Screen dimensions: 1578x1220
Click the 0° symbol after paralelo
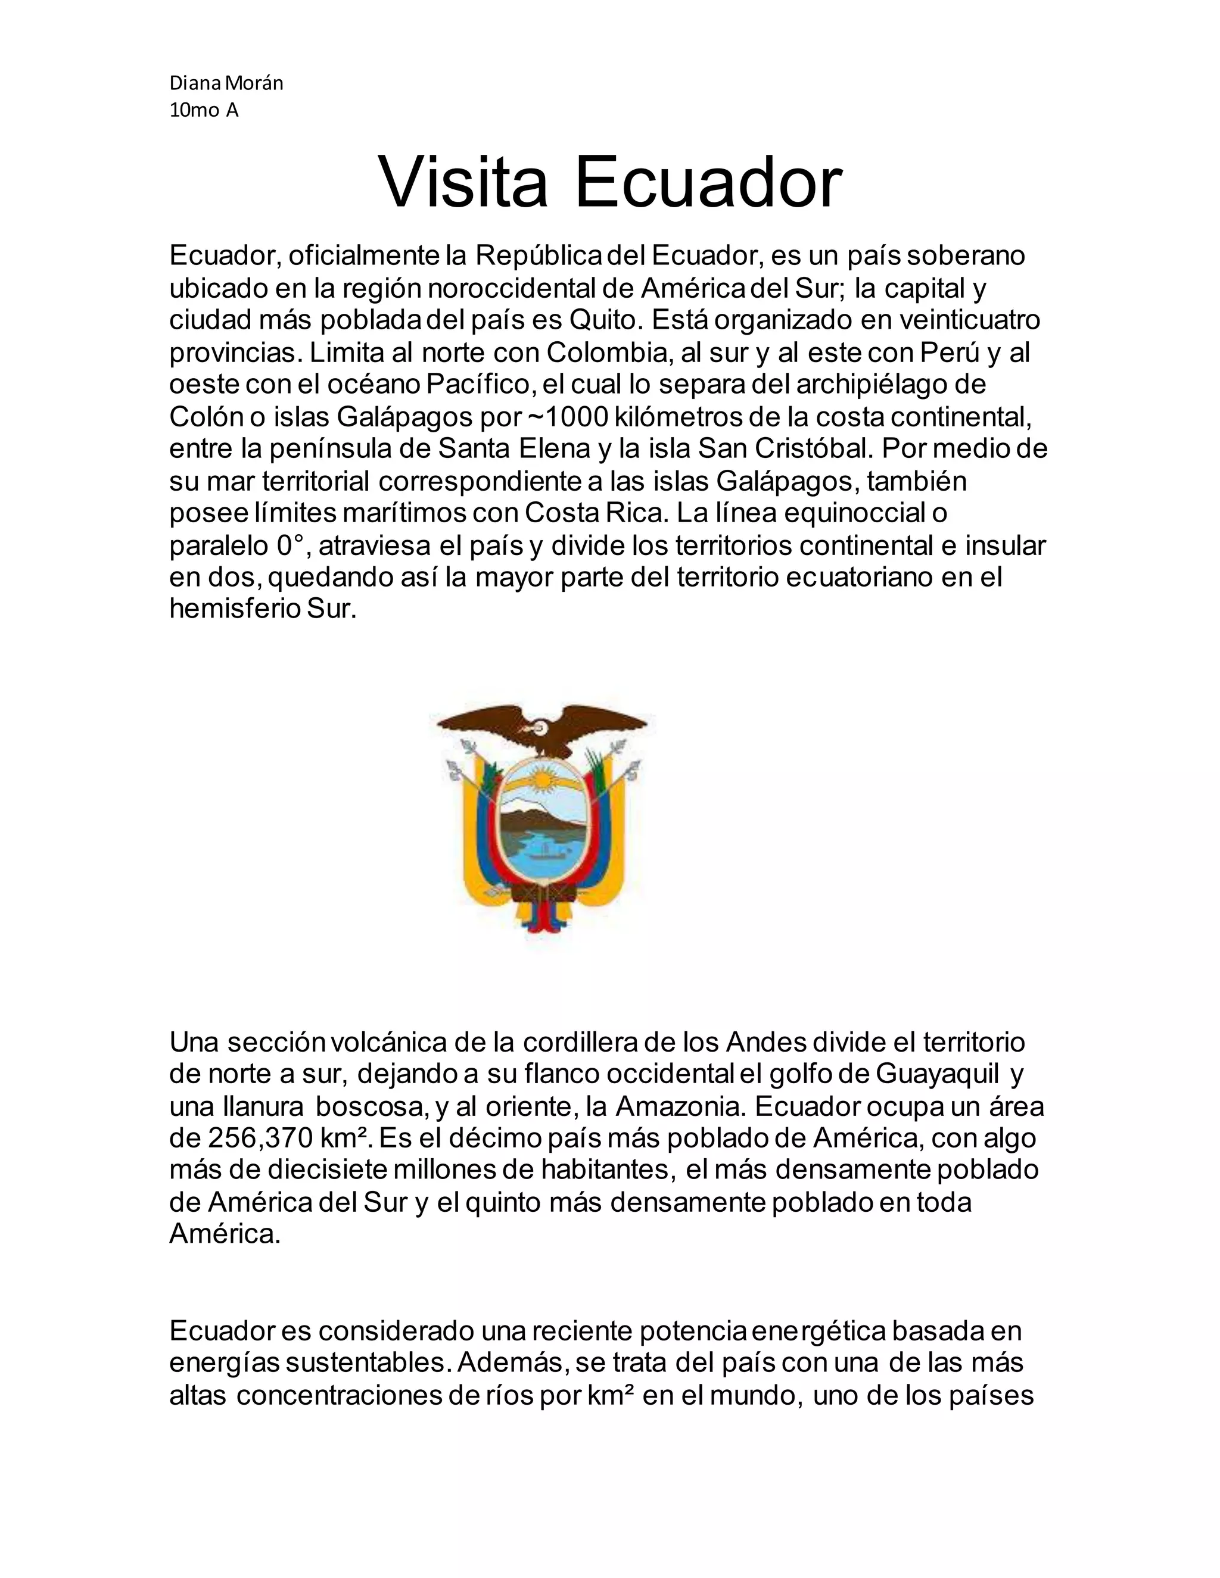click(292, 545)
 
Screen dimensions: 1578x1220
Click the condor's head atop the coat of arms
click(539, 727)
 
